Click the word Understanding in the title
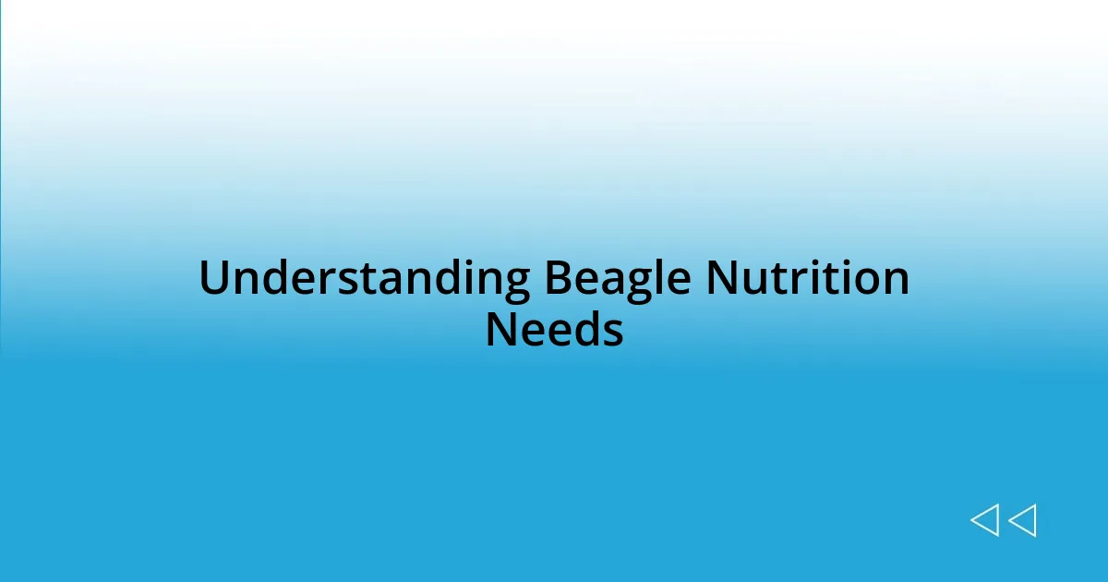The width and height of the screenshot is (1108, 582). (x=364, y=279)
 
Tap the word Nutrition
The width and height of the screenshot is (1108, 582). (x=807, y=279)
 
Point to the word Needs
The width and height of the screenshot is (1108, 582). (x=554, y=330)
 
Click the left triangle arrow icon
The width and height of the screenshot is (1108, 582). (x=984, y=520)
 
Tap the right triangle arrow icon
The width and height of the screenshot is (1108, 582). (x=1022, y=520)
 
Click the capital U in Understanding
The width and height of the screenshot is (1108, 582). (x=213, y=279)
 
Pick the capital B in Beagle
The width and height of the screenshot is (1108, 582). (x=558, y=279)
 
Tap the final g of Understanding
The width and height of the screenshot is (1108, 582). (x=516, y=283)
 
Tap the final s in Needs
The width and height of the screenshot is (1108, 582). (x=613, y=332)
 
